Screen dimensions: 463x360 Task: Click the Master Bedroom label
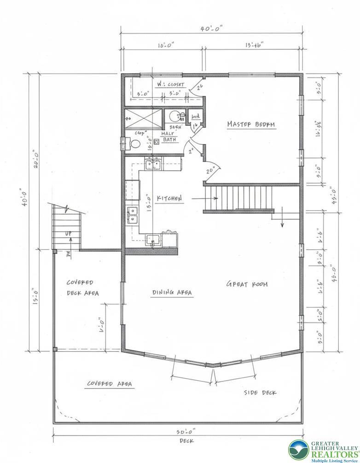pos(251,124)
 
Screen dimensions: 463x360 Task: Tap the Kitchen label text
pos(169,199)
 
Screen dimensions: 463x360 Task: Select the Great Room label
pos(246,284)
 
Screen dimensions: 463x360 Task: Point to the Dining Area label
pos(172,292)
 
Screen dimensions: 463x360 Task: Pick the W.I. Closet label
pos(157,85)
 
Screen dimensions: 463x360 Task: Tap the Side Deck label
pos(260,392)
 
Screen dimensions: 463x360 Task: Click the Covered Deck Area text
pos(82,287)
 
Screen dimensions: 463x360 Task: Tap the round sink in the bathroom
pos(174,116)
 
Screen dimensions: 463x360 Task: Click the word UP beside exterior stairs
pos(69,234)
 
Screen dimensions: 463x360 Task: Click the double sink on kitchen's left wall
pos(133,214)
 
